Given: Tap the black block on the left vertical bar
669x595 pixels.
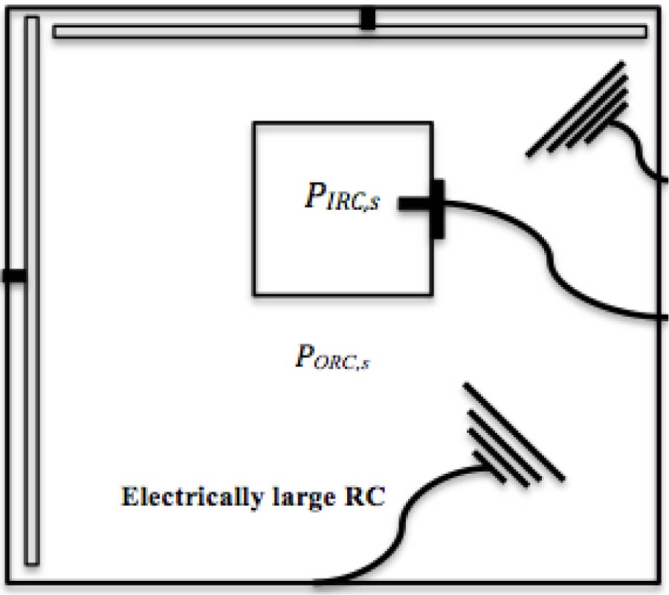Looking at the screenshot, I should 13,276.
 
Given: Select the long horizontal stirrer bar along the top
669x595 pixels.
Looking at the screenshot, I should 223,31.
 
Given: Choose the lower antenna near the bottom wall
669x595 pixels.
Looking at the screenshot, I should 513,439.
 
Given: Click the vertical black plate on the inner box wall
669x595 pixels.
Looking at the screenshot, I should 437,209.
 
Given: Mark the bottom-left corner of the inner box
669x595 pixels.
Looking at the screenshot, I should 255,295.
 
